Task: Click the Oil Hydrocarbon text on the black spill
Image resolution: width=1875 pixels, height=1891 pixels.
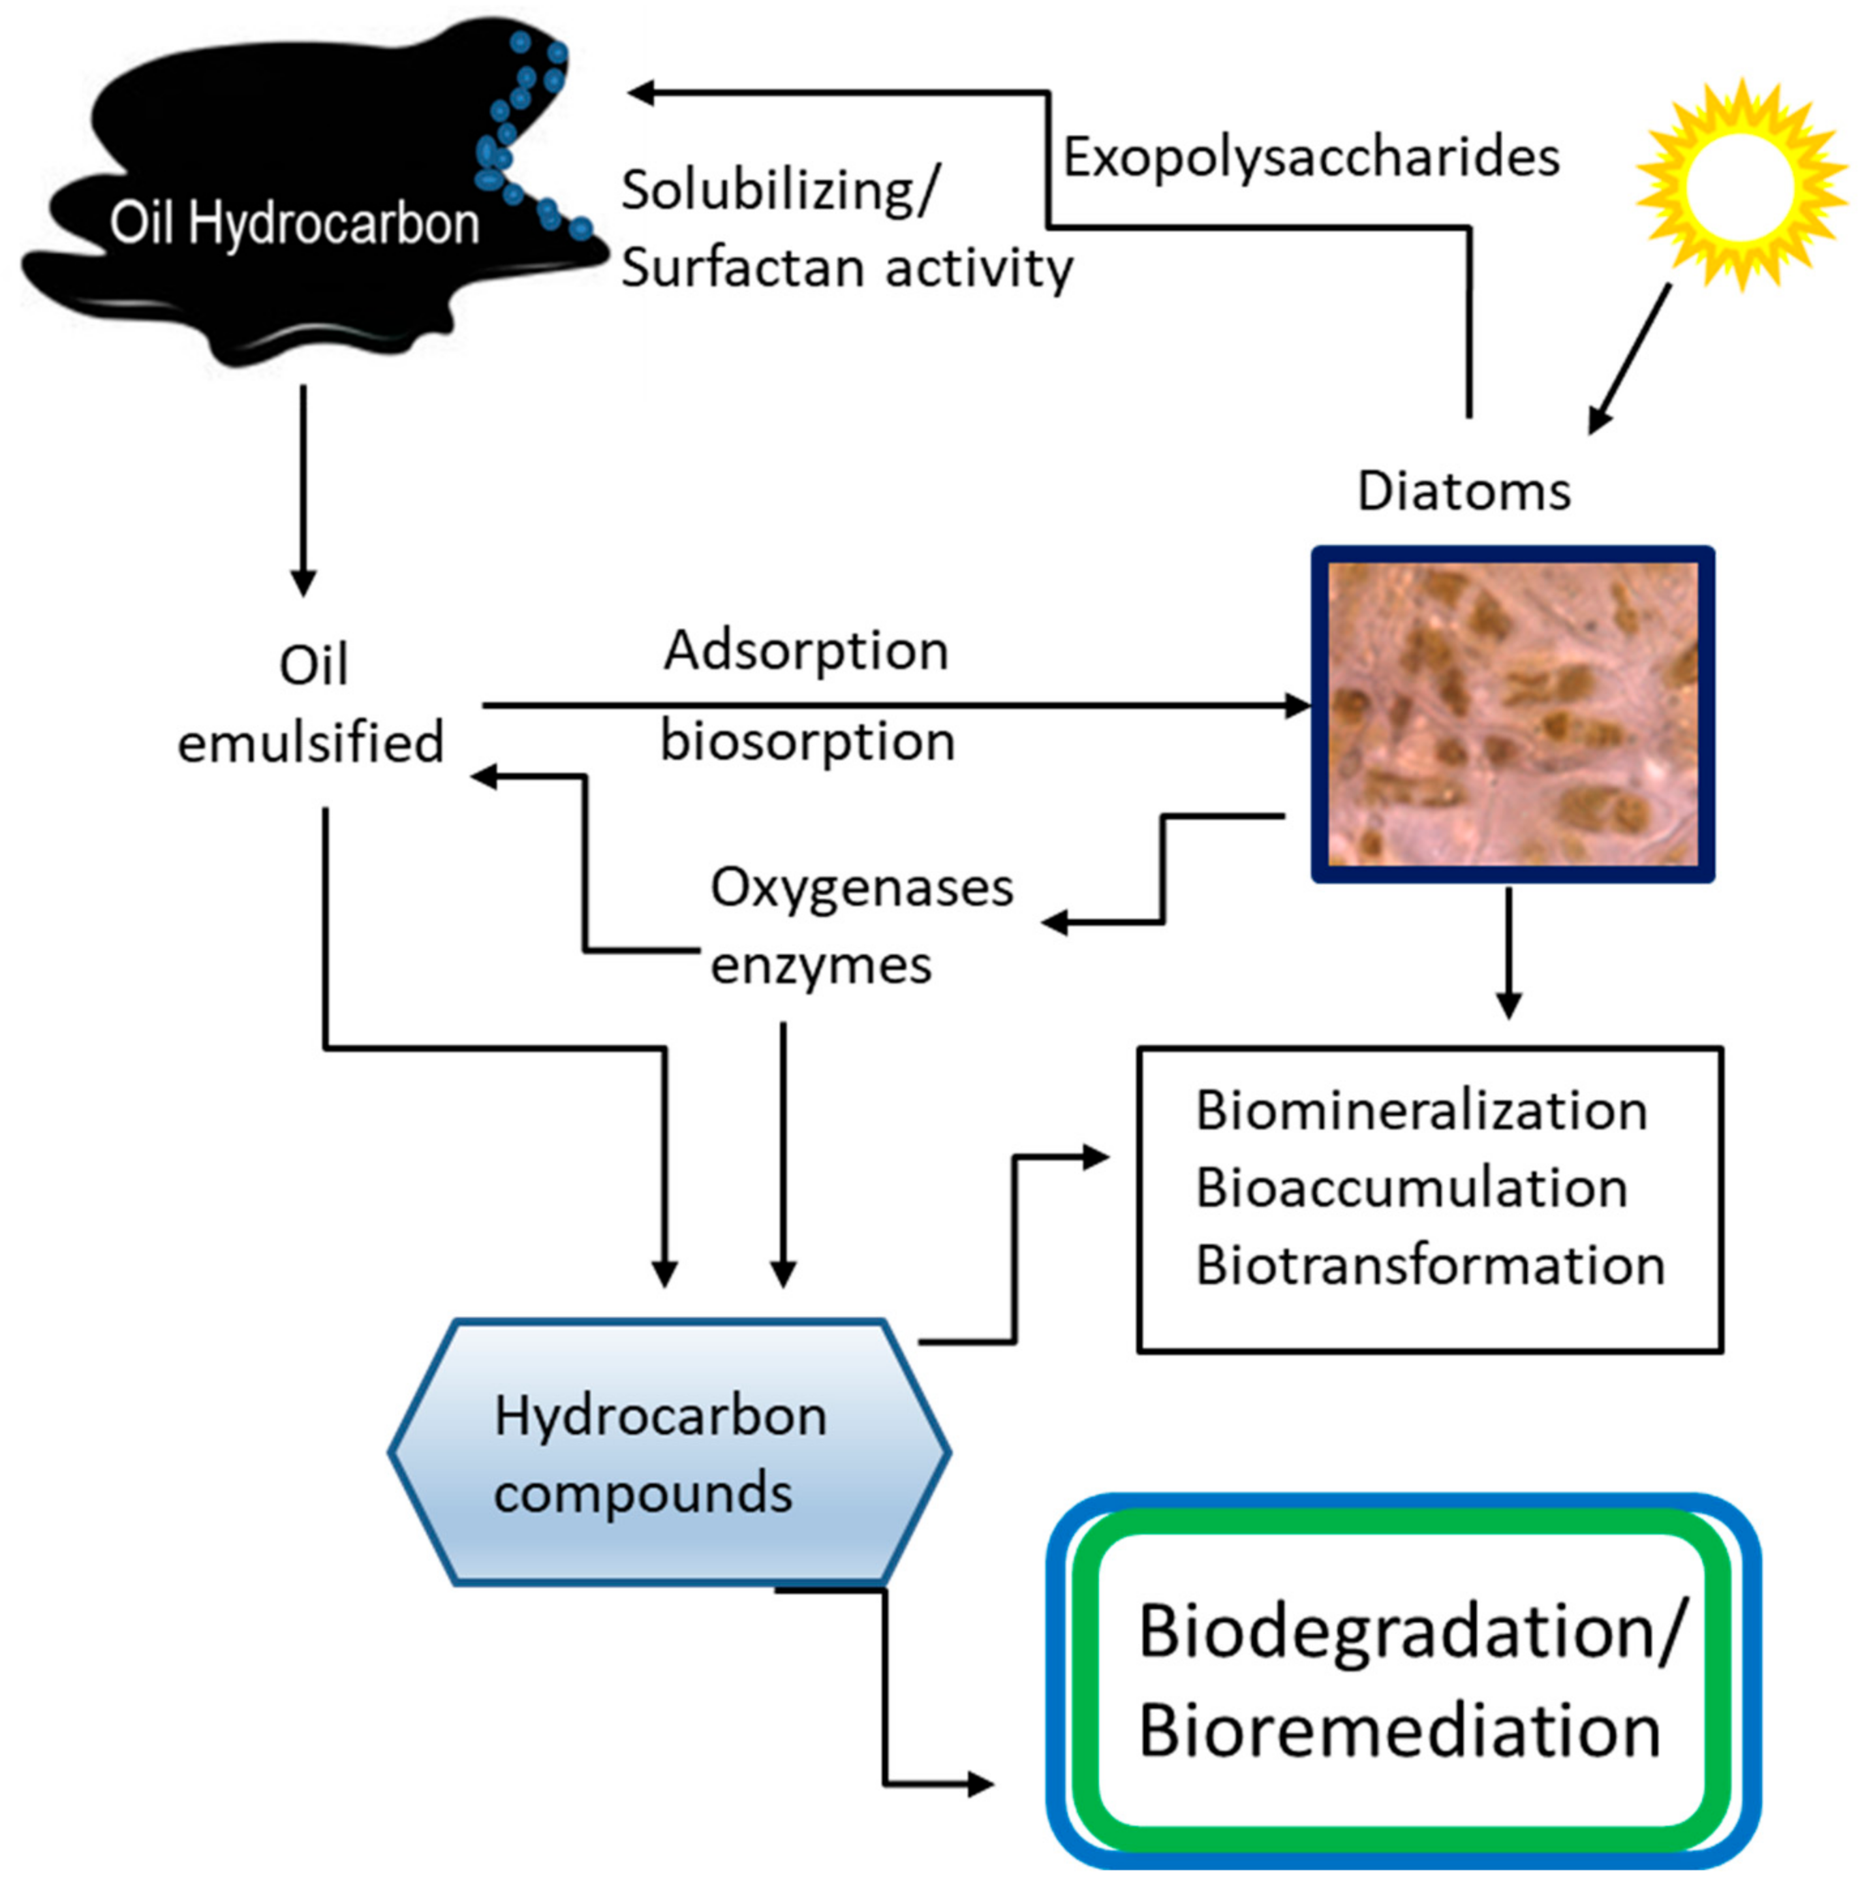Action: tap(294, 224)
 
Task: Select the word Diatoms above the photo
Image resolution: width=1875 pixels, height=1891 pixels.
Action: tap(1463, 492)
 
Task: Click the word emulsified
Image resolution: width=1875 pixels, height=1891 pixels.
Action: tap(310, 743)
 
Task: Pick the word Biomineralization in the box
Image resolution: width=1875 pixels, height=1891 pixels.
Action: tap(1421, 1111)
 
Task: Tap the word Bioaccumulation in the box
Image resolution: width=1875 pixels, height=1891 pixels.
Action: tap(1411, 1188)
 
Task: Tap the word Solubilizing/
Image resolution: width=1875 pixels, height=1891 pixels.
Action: tap(779, 190)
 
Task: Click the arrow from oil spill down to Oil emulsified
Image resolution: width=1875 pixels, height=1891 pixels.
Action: tap(303, 490)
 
